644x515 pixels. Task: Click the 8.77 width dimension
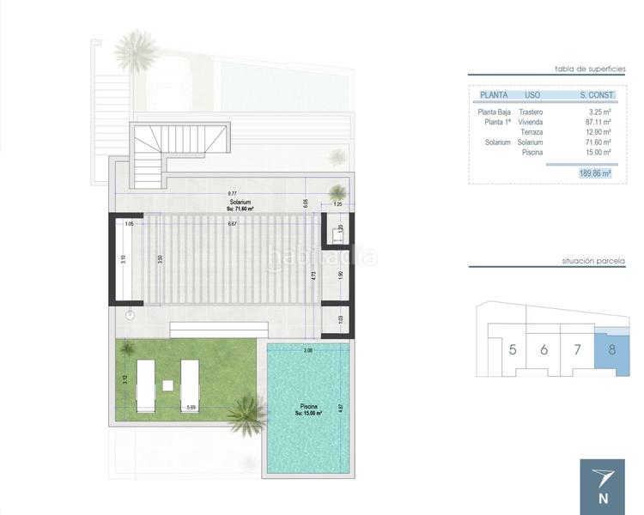point(232,193)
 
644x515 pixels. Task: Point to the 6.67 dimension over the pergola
point(232,224)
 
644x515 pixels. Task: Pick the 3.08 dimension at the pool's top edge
point(308,350)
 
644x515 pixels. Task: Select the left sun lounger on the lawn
point(144,386)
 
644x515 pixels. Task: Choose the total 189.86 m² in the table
point(594,173)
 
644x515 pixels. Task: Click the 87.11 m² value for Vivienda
point(599,122)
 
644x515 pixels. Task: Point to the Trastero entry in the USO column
point(531,112)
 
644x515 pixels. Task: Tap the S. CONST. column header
point(595,94)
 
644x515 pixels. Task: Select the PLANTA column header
point(493,94)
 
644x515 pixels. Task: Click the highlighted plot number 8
point(611,349)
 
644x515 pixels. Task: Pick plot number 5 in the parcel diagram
point(513,349)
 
